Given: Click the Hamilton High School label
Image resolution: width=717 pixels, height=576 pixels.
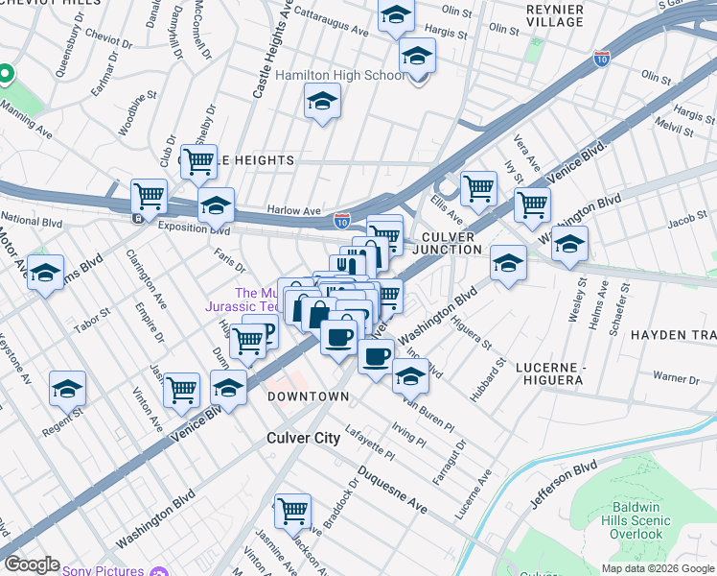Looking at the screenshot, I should point(339,75).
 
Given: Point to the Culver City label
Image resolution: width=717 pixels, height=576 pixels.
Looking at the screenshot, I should point(303,438).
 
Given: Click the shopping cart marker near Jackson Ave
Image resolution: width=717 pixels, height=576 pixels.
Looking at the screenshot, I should point(292,511).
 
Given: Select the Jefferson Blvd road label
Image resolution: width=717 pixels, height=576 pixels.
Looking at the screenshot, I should point(570,487).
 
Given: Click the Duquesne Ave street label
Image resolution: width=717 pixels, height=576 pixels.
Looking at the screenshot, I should point(394,490).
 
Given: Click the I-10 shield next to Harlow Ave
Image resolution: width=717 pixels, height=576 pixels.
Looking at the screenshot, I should point(342,221).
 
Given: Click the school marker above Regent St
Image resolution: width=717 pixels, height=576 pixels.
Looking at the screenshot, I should point(67,389).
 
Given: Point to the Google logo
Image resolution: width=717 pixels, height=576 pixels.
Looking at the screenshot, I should point(31,564).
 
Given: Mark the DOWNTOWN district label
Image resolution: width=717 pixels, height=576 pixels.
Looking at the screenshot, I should point(308,396).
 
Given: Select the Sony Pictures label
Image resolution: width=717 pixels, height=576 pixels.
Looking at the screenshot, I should point(103,570).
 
